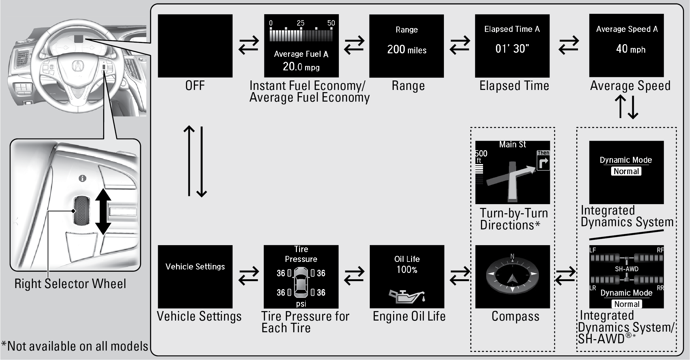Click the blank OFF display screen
coord(195,46)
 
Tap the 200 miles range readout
coord(407,50)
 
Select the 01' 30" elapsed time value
coord(512,49)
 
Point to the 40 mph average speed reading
coord(630,49)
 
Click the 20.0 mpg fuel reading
coord(301,67)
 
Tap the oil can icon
coord(407,296)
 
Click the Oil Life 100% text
coord(407,264)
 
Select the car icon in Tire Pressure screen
coord(301,282)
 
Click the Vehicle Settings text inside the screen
coord(195,267)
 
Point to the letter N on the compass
coord(512,257)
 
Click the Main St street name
coord(512,145)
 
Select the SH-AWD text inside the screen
coord(627,269)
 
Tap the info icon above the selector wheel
coord(82,179)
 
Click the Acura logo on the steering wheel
coord(77,66)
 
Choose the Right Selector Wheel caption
coord(70,284)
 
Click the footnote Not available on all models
coord(75,346)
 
